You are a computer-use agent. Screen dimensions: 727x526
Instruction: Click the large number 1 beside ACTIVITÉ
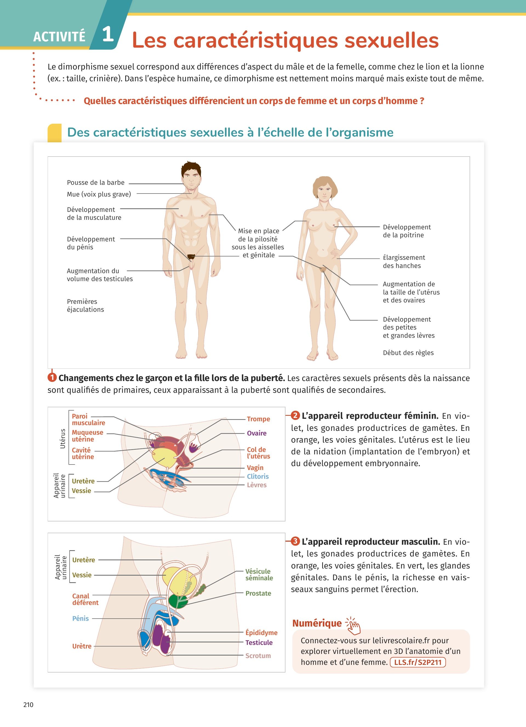click(x=108, y=34)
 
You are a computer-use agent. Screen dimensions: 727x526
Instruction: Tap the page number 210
click(x=28, y=705)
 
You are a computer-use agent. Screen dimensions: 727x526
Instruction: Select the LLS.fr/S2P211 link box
click(x=418, y=662)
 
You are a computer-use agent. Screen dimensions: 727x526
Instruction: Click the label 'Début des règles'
click(x=408, y=353)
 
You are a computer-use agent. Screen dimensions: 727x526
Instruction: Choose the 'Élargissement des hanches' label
click(x=404, y=262)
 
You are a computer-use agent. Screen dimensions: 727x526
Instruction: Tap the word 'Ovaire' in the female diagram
click(x=257, y=433)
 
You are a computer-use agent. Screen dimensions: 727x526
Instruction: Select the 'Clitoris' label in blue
click(x=258, y=477)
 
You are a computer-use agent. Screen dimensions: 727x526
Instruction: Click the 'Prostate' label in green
click(x=258, y=593)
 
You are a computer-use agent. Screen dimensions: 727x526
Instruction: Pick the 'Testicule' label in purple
click(x=259, y=642)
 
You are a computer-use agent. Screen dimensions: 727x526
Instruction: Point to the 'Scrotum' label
click(x=258, y=656)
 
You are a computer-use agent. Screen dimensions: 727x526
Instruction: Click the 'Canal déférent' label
click(x=85, y=599)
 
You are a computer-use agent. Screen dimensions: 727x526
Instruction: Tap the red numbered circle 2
click(x=295, y=416)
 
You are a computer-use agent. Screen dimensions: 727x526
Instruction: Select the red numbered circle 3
click(x=295, y=542)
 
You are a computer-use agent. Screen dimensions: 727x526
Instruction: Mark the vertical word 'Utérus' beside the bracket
click(x=63, y=438)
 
